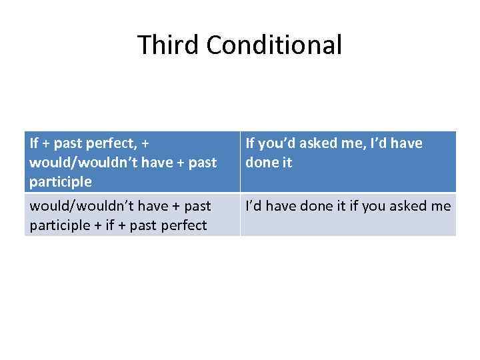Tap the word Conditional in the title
coord(274,45)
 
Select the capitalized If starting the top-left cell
coord(34,142)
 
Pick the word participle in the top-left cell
coord(61,181)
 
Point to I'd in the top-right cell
coord(385,142)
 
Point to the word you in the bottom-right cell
coord(373,206)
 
